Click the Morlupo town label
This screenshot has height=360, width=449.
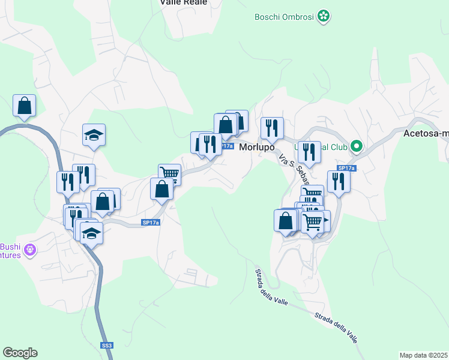click(x=257, y=147)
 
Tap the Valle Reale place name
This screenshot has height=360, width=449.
click(x=183, y=2)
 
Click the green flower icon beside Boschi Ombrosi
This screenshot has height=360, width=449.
click(x=324, y=16)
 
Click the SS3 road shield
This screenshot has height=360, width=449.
click(x=106, y=346)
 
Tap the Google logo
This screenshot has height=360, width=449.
click(x=20, y=353)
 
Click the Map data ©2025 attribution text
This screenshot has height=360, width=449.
click(x=424, y=355)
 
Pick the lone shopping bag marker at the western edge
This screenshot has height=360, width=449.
click(x=24, y=106)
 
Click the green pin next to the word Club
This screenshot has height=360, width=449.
click(x=356, y=146)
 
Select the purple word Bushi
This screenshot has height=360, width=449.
click(x=10, y=246)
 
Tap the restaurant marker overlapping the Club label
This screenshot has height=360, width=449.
click(x=309, y=152)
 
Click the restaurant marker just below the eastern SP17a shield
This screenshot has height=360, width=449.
click(x=339, y=182)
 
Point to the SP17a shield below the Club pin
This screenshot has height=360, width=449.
click(x=346, y=168)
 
